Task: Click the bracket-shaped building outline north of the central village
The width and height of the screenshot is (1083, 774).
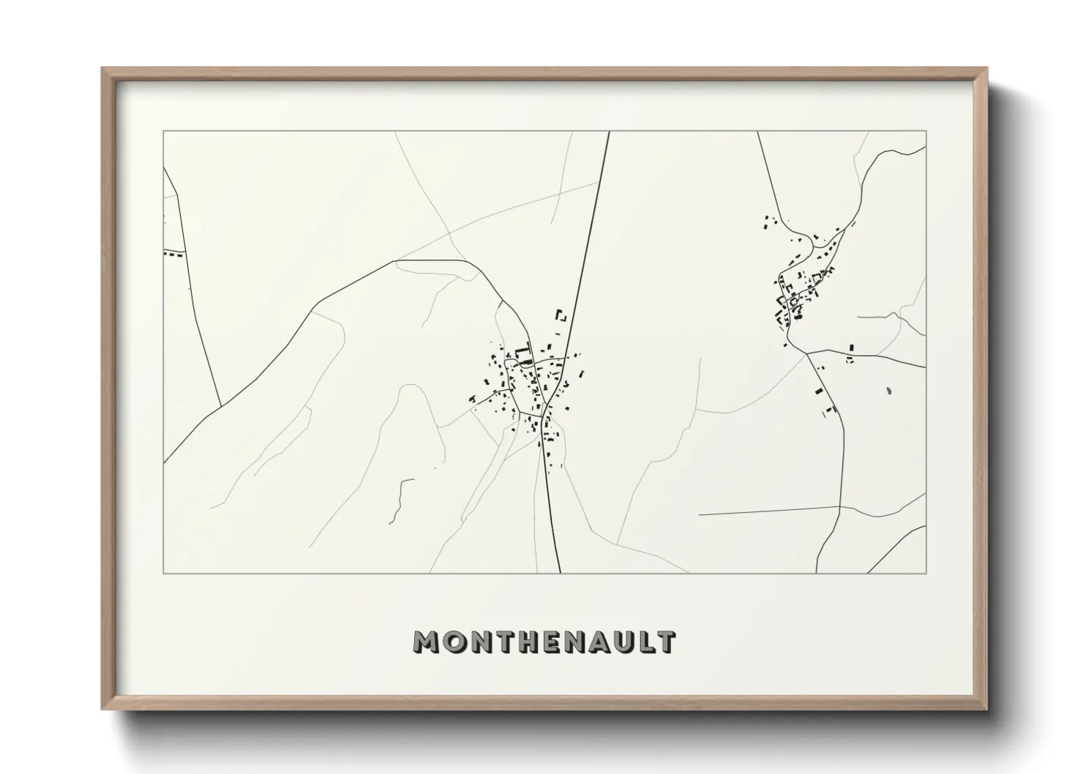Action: pyautogui.click(x=562, y=317)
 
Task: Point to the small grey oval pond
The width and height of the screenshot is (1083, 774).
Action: pyautogui.click(x=888, y=391)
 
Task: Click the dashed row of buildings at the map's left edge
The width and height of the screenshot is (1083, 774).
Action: pyautogui.click(x=174, y=254)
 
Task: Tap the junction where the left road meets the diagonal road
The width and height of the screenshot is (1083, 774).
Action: pyautogui.click(x=221, y=406)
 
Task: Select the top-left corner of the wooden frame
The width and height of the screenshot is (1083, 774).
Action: pyautogui.click(x=103, y=69)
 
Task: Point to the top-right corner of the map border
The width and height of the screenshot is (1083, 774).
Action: pyautogui.click(x=926, y=132)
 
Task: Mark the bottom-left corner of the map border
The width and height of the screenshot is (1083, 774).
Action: pyautogui.click(x=164, y=573)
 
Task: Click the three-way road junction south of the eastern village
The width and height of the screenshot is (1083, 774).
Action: pyautogui.click(x=806, y=353)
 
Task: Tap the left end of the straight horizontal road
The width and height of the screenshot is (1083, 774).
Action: pyautogui.click(x=700, y=515)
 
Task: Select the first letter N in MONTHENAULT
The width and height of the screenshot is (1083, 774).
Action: pyautogui.click(x=478, y=642)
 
